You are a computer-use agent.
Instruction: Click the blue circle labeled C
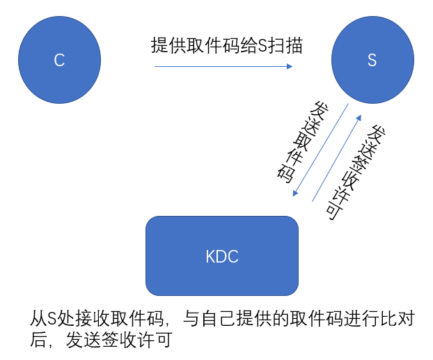click(x=59, y=60)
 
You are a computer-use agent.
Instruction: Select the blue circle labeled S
click(x=372, y=60)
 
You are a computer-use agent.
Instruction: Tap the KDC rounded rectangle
click(x=222, y=256)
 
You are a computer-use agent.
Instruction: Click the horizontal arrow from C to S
click(x=223, y=67)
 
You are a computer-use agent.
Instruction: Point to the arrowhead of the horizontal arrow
click(x=289, y=67)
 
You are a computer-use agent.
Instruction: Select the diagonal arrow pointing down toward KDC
click(x=321, y=150)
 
